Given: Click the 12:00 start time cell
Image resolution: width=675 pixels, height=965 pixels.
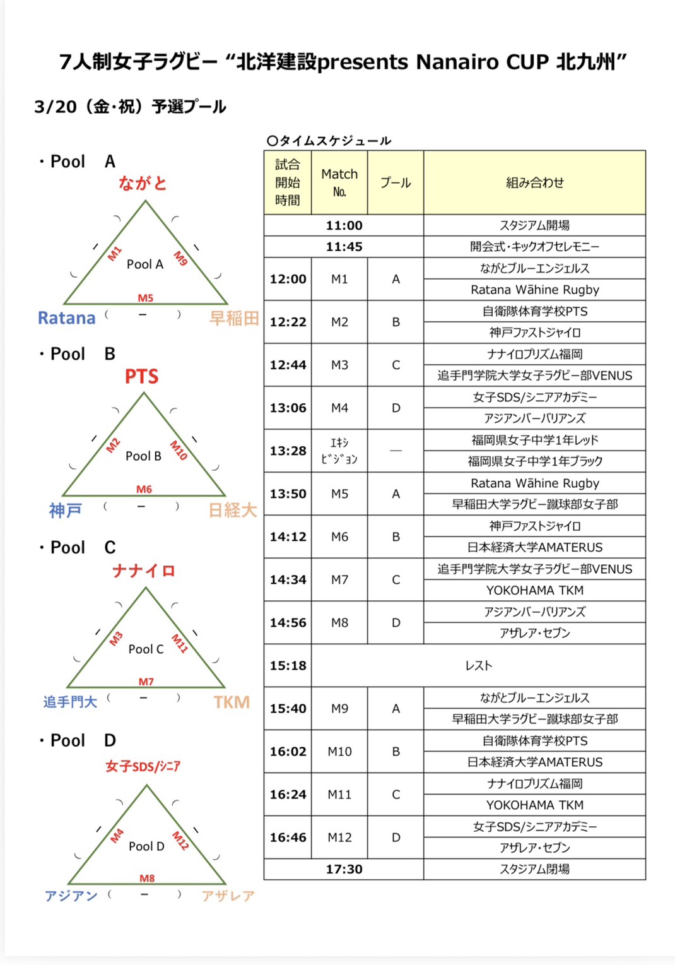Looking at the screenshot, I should (288, 279).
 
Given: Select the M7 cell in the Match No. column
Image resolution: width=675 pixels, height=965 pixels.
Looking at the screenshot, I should (339, 579).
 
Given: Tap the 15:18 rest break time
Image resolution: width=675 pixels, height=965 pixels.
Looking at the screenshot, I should (288, 665).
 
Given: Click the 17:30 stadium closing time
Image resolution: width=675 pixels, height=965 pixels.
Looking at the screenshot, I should (344, 869).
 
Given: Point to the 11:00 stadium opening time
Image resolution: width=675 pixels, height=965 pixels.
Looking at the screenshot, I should (344, 225).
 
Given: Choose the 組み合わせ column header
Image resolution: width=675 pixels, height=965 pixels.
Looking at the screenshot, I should (534, 182).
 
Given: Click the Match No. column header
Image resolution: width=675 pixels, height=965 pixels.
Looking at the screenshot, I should (339, 182).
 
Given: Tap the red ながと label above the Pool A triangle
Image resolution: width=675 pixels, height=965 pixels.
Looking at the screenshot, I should (143, 183).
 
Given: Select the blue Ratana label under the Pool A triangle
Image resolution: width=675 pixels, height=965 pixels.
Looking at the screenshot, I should (66, 317).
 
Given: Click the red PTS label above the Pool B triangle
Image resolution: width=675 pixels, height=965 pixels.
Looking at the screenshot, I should (141, 377).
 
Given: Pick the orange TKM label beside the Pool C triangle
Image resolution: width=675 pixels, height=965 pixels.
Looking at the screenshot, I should (232, 702).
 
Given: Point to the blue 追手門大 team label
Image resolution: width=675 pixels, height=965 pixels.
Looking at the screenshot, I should (70, 702).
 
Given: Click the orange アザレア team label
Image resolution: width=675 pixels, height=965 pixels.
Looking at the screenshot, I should (228, 896).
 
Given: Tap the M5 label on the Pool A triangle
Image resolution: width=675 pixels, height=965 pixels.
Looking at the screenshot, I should (146, 298).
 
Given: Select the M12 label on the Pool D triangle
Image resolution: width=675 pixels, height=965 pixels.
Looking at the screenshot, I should (180, 840).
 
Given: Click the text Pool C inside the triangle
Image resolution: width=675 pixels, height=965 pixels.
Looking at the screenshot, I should (146, 649).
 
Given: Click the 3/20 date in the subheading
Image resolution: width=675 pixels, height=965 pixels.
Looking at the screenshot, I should (56, 107).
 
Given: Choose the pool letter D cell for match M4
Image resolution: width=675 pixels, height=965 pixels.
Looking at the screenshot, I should (396, 408).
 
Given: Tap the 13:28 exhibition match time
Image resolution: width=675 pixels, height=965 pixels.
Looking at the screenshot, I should (288, 451).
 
